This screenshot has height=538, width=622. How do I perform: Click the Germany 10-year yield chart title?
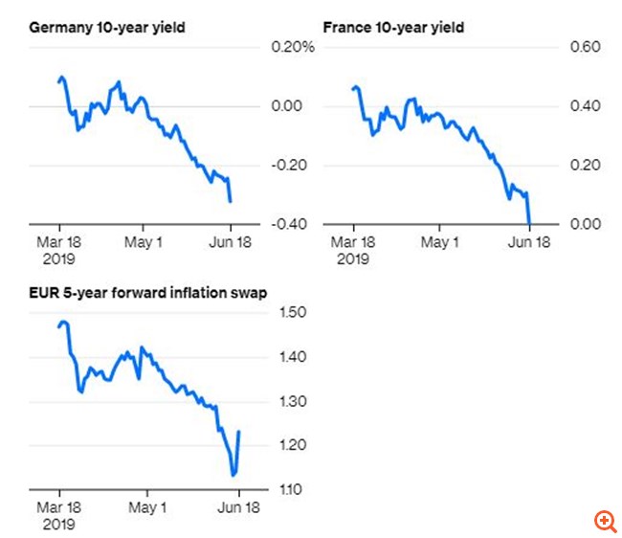(107, 28)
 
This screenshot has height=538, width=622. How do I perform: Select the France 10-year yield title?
(394, 28)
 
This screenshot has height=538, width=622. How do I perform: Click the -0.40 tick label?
(288, 224)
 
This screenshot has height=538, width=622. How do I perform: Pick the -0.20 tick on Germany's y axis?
(288, 165)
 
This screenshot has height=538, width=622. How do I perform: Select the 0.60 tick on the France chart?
(584, 47)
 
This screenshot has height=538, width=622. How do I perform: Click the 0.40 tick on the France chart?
(584, 105)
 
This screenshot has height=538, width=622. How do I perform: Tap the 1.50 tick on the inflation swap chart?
(291, 312)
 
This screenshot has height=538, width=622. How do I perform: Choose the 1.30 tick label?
(291, 401)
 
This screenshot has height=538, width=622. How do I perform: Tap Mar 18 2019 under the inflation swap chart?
(59, 516)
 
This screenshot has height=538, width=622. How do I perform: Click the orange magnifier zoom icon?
(605, 521)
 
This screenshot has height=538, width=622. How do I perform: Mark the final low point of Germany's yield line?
(231, 201)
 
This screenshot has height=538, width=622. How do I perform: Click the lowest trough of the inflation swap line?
(233, 474)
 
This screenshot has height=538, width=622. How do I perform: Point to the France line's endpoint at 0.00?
(530, 225)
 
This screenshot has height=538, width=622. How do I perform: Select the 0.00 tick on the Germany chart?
(289, 105)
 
